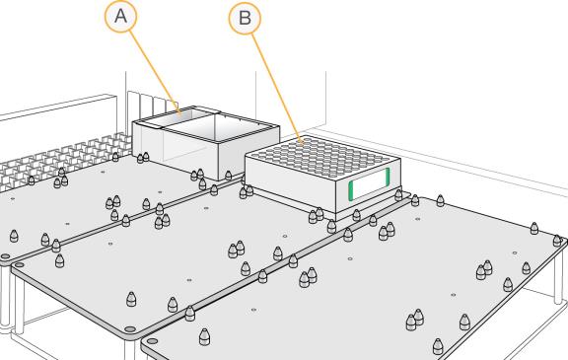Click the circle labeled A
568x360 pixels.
[120, 17]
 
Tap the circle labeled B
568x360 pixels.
[245, 18]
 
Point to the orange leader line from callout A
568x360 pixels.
[155, 72]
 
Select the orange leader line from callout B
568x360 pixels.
[277, 89]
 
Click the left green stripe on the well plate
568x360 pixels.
[351, 190]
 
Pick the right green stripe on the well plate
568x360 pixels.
[388, 176]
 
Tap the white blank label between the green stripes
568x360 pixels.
[369, 183]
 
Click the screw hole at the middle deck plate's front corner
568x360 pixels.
[129, 329]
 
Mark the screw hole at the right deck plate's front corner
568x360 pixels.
[152, 341]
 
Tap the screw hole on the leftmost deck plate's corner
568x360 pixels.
[6, 256]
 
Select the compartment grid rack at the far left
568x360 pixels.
[61, 162]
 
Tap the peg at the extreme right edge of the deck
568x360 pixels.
[557, 240]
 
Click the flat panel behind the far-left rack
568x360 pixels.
[58, 119]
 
